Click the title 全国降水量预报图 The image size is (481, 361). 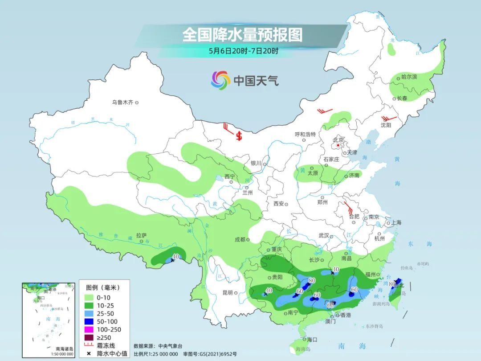(x=242, y=35)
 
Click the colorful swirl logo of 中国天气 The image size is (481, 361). (x=220, y=80)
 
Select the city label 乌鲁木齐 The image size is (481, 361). (x=122, y=103)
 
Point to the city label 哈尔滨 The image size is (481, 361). (x=409, y=77)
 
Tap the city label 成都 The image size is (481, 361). (x=240, y=239)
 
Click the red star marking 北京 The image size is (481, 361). (x=338, y=145)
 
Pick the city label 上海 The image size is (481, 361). (x=395, y=223)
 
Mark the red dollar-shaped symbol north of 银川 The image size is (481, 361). (x=239, y=135)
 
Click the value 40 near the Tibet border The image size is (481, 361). (x=175, y=256)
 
